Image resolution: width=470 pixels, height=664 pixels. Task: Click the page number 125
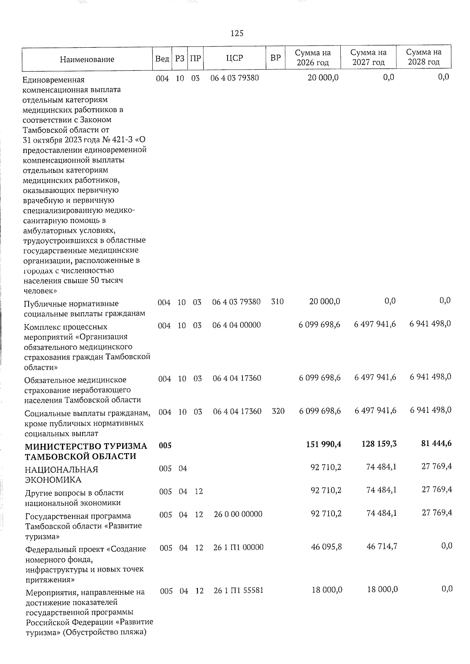[x=237, y=34]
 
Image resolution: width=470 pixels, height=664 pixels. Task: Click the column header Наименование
[x=87, y=59]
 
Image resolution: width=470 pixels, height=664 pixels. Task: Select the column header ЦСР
[x=235, y=58]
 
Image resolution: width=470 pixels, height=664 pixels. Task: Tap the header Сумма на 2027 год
[x=368, y=58]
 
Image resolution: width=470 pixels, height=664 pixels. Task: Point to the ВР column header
[x=276, y=58]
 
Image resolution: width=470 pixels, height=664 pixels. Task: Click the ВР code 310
[x=277, y=302]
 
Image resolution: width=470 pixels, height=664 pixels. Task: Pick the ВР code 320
[x=278, y=411]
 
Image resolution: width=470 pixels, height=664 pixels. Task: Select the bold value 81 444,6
[x=434, y=444]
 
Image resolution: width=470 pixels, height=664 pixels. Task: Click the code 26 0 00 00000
[x=238, y=514]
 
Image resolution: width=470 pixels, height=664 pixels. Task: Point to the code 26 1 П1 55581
[x=239, y=590]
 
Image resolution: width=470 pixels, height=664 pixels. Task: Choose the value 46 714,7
[x=382, y=546]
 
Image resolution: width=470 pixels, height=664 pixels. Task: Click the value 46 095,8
[x=326, y=547]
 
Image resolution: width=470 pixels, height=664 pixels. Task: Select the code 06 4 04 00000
[x=237, y=325]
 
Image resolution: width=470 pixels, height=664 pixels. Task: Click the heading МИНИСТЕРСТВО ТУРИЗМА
[x=86, y=446]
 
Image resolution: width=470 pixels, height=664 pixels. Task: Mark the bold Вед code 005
[x=165, y=446]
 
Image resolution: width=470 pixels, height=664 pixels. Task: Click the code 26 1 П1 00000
[x=239, y=547]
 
